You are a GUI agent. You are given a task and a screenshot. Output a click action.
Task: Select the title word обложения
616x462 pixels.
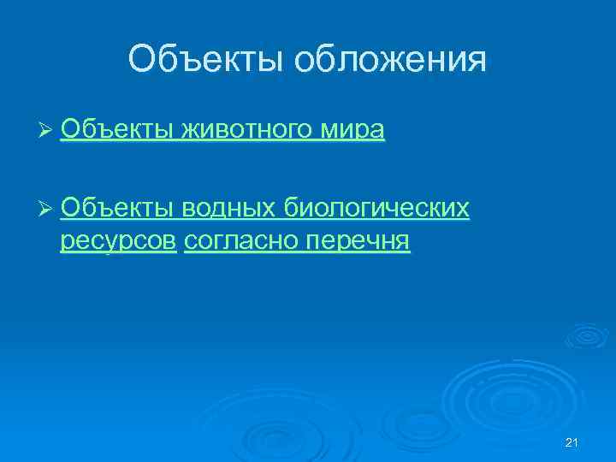[391, 60]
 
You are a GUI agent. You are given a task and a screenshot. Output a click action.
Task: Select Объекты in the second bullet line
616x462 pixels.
[116, 207]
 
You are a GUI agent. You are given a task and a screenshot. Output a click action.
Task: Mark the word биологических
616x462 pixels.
[376, 209]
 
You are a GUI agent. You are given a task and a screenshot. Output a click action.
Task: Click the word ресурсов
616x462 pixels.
[119, 243]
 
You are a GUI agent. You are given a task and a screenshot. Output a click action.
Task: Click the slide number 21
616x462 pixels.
[573, 442]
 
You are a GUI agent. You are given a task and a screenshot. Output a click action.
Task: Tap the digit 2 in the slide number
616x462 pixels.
[570, 442]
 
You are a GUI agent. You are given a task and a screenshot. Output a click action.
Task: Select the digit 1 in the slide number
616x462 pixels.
[577, 442]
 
